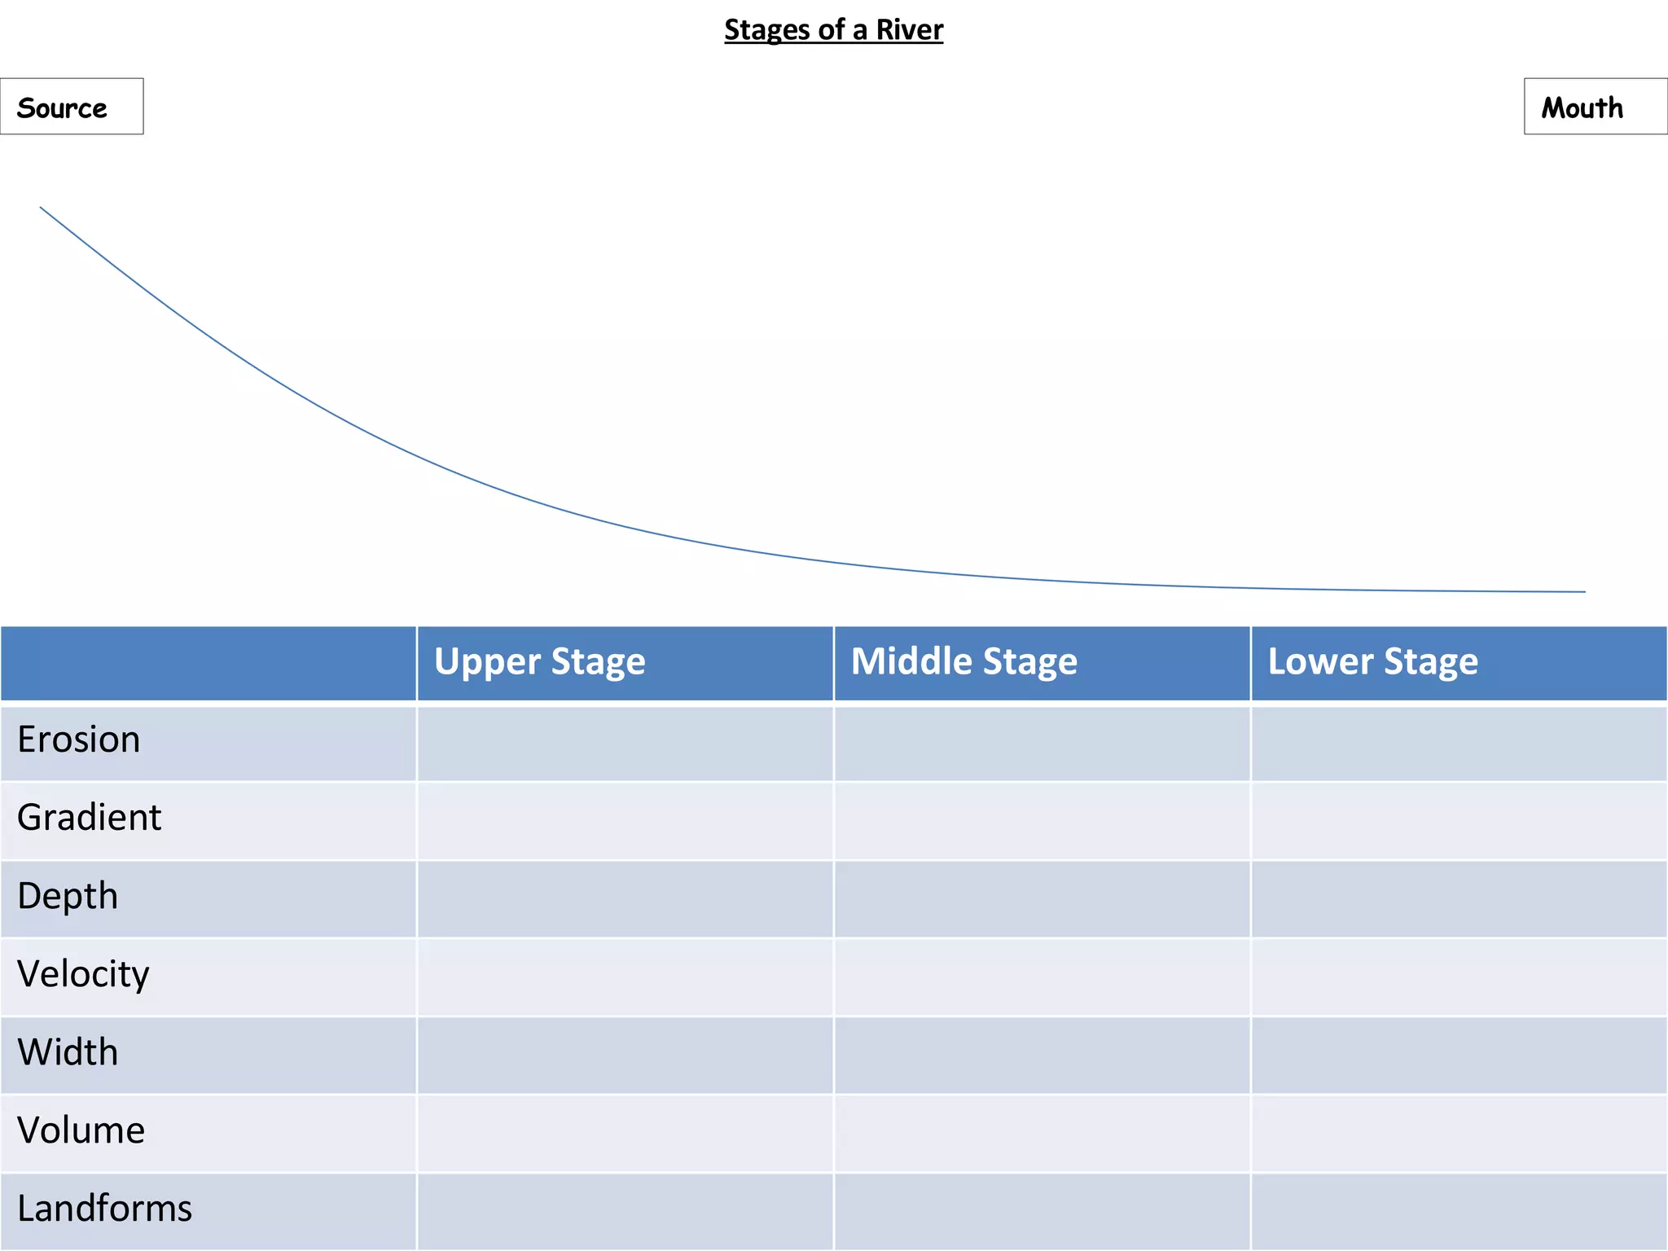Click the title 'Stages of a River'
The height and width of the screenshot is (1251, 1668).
pos(834,30)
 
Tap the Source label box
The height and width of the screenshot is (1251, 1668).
pos(72,107)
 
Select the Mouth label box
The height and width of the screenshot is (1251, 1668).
pos(1596,107)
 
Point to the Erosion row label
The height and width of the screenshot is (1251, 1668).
pos(79,740)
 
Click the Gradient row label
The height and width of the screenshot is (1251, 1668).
pos(90,817)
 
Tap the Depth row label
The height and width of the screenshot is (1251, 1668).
pos(68,896)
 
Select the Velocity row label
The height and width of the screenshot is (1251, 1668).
pos(83,974)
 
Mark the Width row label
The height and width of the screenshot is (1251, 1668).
pos(68,1052)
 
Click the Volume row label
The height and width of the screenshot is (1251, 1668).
pos(81,1130)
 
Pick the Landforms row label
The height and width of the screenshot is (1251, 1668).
pos(104,1209)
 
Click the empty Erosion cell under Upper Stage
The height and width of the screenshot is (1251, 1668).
pos(625,743)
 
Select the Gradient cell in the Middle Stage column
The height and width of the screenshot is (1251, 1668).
pos(1042,821)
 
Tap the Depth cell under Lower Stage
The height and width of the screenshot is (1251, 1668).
pos(1459,899)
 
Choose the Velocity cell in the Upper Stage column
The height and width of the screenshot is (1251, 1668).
pos(625,977)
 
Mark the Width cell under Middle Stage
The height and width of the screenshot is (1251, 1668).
pos(1042,1056)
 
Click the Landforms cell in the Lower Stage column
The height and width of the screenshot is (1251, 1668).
pos(1459,1212)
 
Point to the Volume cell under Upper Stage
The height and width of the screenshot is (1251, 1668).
pos(625,1134)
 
